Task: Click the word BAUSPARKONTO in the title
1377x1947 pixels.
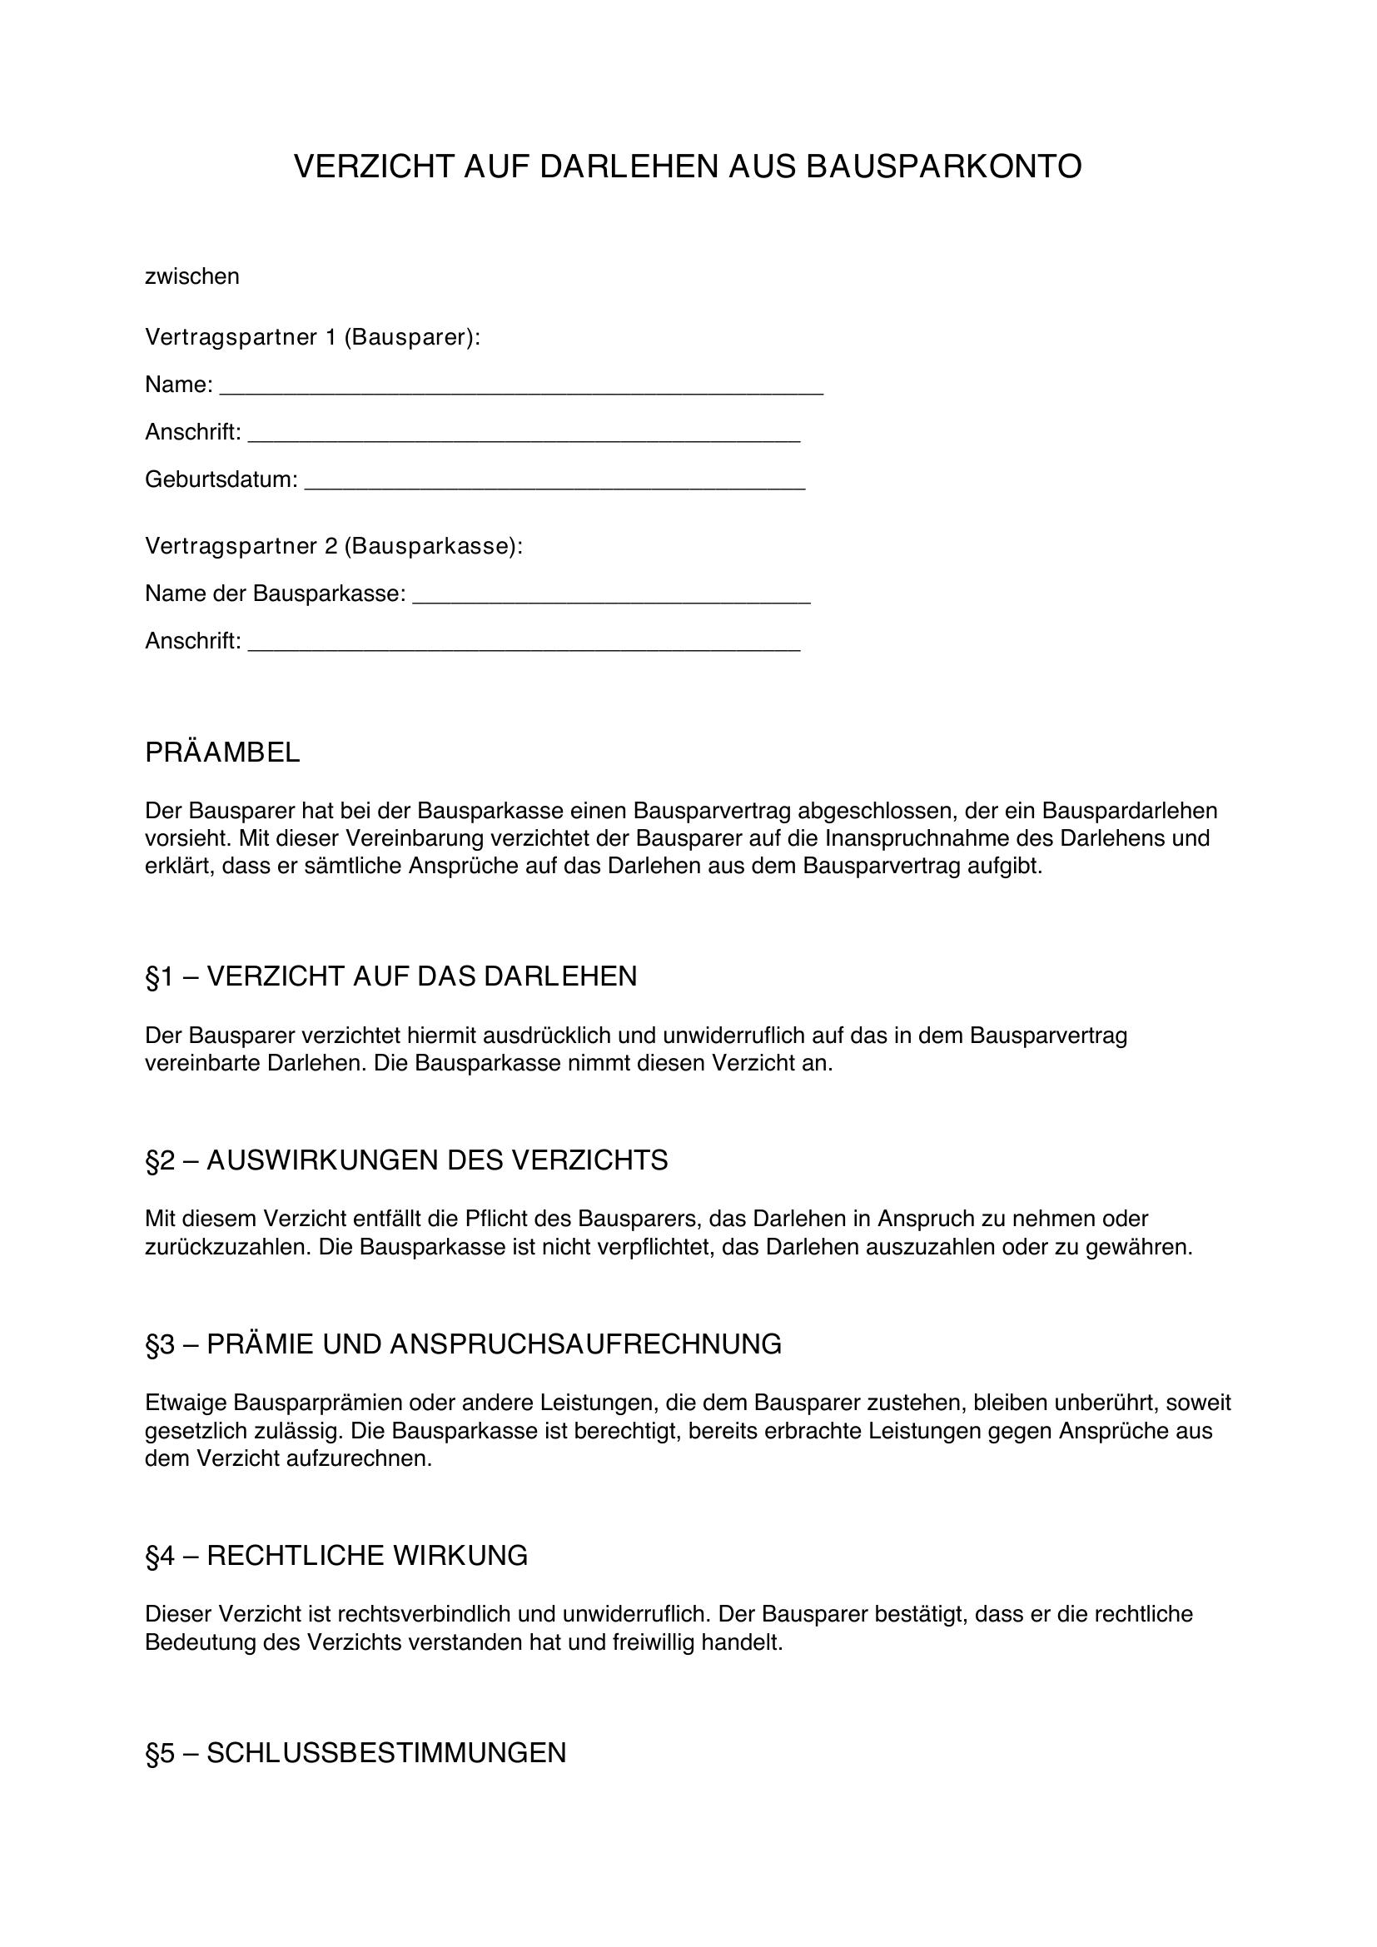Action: (943, 167)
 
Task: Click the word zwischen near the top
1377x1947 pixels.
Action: (192, 276)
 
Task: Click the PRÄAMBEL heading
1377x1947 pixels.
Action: (222, 753)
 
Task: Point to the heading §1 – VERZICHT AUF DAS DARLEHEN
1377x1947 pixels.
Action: (391, 977)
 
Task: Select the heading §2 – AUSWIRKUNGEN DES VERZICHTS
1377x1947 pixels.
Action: (406, 1161)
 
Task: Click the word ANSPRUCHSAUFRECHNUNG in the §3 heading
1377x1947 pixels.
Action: (585, 1345)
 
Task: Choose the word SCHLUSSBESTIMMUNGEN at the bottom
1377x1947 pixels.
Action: (385, 1753)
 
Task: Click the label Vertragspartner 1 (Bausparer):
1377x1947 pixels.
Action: (313, 337)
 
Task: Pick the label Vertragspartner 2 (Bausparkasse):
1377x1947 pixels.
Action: (334, 546)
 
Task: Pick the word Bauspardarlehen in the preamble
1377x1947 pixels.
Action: (1130, 811)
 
